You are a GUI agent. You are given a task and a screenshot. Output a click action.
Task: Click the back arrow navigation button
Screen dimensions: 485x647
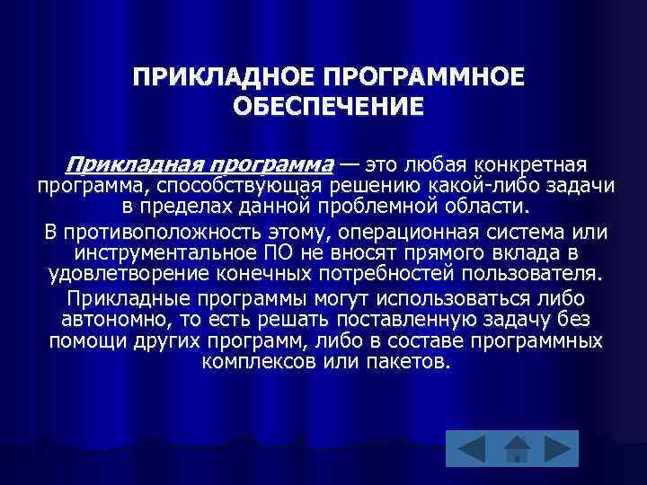tap(467, 449)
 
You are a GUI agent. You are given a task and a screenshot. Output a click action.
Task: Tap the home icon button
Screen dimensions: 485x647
tap(515, 449)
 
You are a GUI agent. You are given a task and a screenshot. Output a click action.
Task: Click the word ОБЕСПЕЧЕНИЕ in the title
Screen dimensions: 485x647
tap(326, 107)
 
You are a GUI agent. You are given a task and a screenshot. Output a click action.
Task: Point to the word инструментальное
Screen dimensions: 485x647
tap(170, 253)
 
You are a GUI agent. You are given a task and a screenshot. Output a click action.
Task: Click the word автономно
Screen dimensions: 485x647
tap(115, 320)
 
